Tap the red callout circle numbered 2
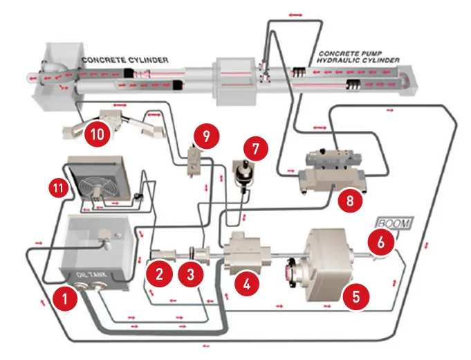tap(160, 273)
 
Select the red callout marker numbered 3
tap(192, 273)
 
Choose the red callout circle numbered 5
tap(355, 297)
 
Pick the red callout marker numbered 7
tap(256, 149)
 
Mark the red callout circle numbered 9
tap(203, 136)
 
